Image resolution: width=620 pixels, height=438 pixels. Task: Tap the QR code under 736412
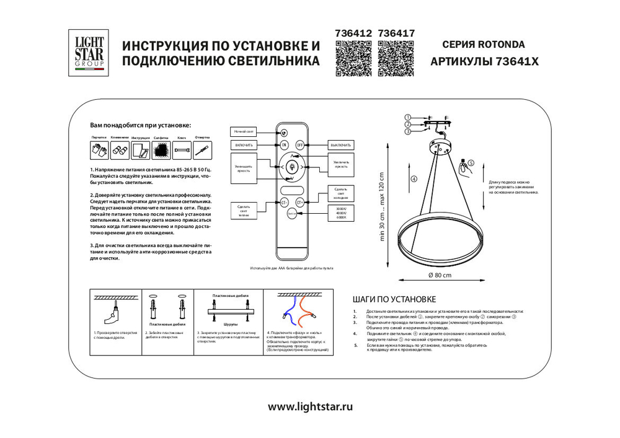tap(353, 58)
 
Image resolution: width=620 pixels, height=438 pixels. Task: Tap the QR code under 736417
tap(396, 58)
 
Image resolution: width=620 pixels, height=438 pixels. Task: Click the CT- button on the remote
tap(285, 202)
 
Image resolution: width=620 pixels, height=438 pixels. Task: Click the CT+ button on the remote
tap(299, 202)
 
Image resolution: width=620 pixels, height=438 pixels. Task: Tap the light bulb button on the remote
tap(291, 166)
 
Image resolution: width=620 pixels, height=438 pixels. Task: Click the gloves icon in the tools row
tap(95, 149)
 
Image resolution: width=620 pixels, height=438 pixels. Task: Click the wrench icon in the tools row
tap(182, 149)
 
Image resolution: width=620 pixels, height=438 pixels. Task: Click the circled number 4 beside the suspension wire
tap(414, 180)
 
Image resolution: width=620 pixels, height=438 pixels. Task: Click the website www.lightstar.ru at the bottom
tap(310, 407)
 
